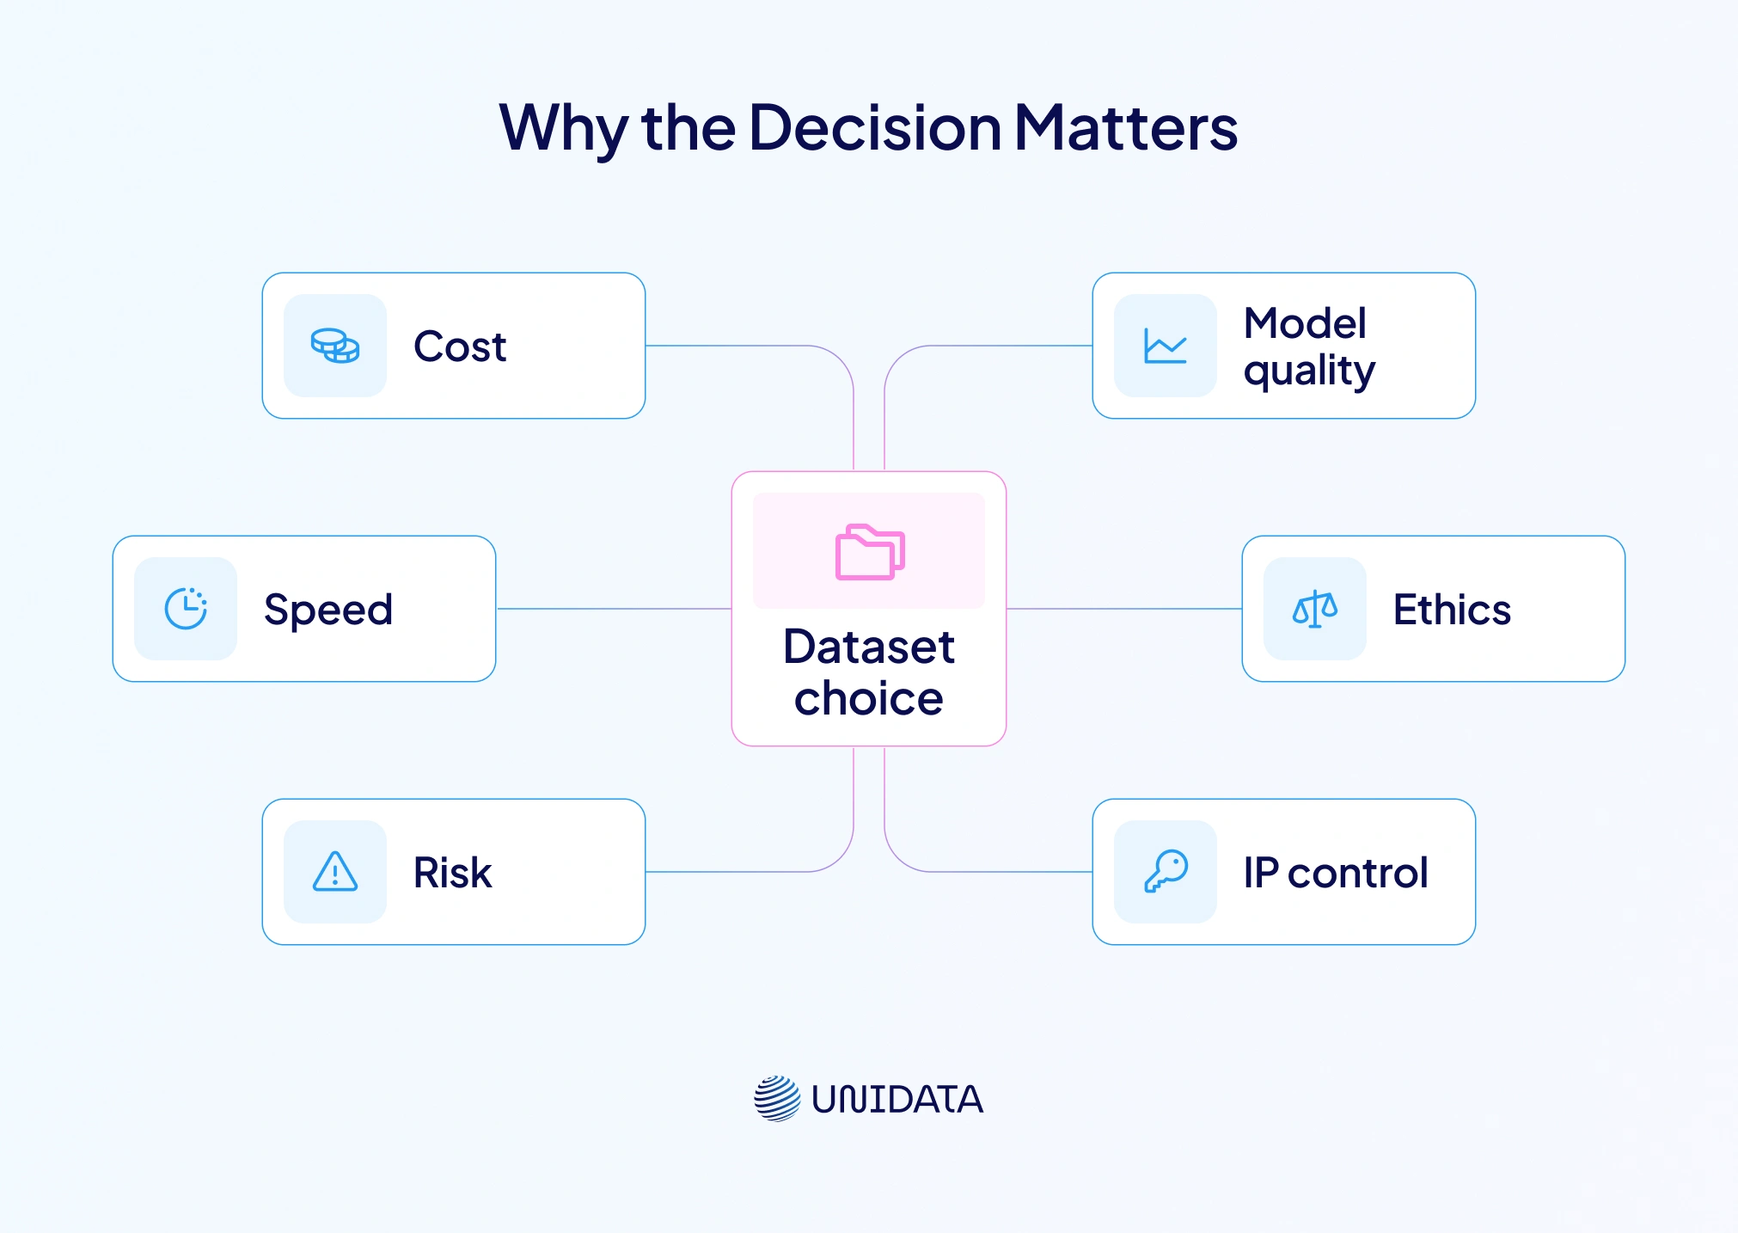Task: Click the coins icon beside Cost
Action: (335, 346)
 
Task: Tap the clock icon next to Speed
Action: (186, 609)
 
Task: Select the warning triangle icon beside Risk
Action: (335, 872)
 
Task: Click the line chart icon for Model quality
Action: (1166, 346)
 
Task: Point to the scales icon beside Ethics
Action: (1315, 609)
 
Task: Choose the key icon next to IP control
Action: (1166, 872)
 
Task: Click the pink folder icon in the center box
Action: (870, 552)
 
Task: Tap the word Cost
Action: (460, 347)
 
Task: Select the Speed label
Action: (328, 610)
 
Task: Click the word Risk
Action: (452, 873)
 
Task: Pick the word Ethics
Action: (1452, 610)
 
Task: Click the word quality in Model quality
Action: (1309, 371)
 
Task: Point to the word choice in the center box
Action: (868, 698)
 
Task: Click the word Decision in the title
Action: (875, 127)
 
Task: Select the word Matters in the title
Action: (1126, 127)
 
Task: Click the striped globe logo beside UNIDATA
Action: (777, 1098)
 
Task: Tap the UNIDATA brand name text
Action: (897, 1099)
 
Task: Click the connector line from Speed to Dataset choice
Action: (614, 609)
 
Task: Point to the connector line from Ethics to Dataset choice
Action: (1124, 609)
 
